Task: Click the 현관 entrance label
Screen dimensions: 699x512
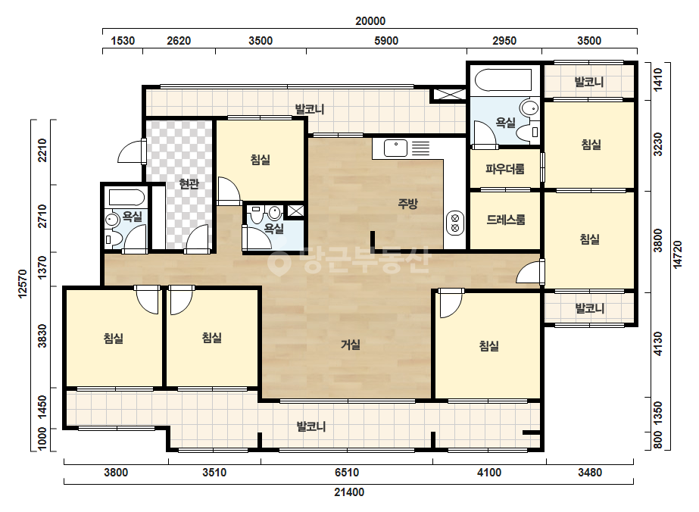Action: pyautogui.click(x=189, y=183)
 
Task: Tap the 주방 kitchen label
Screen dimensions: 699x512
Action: pyautogui.click(x=407, y=204)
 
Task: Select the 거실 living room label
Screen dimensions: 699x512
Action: pyautogui.click(x=351, y=345)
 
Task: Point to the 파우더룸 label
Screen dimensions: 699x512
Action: pyautogui.click(x=504, y=169)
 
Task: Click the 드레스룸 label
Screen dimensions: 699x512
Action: pyautogui.click(x=506, y=220)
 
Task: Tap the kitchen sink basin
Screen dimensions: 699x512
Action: pyautogui.click(x=395, y=148)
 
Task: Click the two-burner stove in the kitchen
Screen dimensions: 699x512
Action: pyautogui.click(x=455, y=223)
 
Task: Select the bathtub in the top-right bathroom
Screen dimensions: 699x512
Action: pyautogui.click(x=504, y=80)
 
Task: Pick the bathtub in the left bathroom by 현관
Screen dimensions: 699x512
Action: pyautogui.click(x=127, y=198)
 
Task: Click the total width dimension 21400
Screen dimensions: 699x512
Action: pyautogui.click(x=349, y=492)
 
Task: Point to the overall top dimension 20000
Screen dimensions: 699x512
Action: pyautogui.click(x=370, y=21)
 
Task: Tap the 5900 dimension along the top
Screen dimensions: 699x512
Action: pyautogui.click(x=386, y=41)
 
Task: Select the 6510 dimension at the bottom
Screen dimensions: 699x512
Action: pyautogui.click(x=346, y=472)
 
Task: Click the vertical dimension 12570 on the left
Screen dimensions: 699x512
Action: pyautogui.click(x=23, y=284)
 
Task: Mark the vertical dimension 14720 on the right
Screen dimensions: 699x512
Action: pyautogui.click(x=678, y=254)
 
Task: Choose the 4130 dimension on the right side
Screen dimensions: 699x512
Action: pyautogui.click(x=658, y=344)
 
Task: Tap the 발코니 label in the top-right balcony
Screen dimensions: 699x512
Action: pyautogui.click(x=589, y=82)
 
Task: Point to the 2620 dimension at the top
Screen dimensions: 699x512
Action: pyautogui.click(x=179, y=41)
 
